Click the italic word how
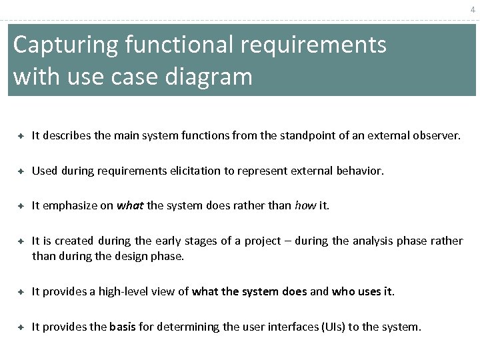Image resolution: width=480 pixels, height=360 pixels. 305,205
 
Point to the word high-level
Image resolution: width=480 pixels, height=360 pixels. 125,291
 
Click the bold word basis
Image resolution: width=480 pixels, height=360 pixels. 122,327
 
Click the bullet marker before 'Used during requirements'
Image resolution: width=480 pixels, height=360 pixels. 21,171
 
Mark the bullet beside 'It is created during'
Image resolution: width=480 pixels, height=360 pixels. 21,241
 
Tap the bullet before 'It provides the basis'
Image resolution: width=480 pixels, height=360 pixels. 21,327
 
